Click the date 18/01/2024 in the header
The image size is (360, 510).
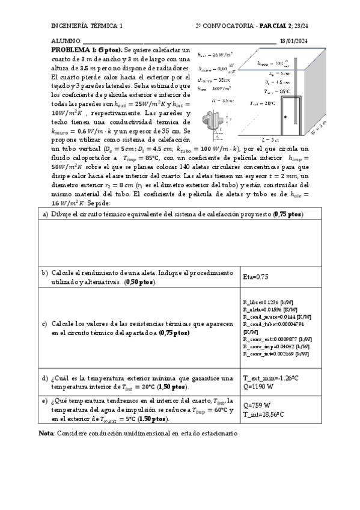pos(293,41)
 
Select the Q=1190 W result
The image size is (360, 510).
pos(258,387)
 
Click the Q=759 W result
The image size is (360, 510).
pos(257,405)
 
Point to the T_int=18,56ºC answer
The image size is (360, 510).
pos(264,414)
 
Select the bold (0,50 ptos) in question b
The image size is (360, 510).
pos(140,281)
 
